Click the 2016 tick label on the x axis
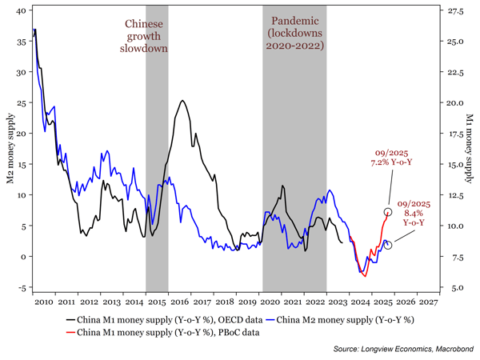pyautogui.click(x=180, y=302)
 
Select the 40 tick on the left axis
pyautogui.click(x=22, y=10)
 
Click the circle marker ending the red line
pyautogui.click(x=388, y=212)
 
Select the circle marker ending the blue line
pyautogui.click(x=387, y=244)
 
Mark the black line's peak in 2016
pyautogui.click(x=183, y=101)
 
